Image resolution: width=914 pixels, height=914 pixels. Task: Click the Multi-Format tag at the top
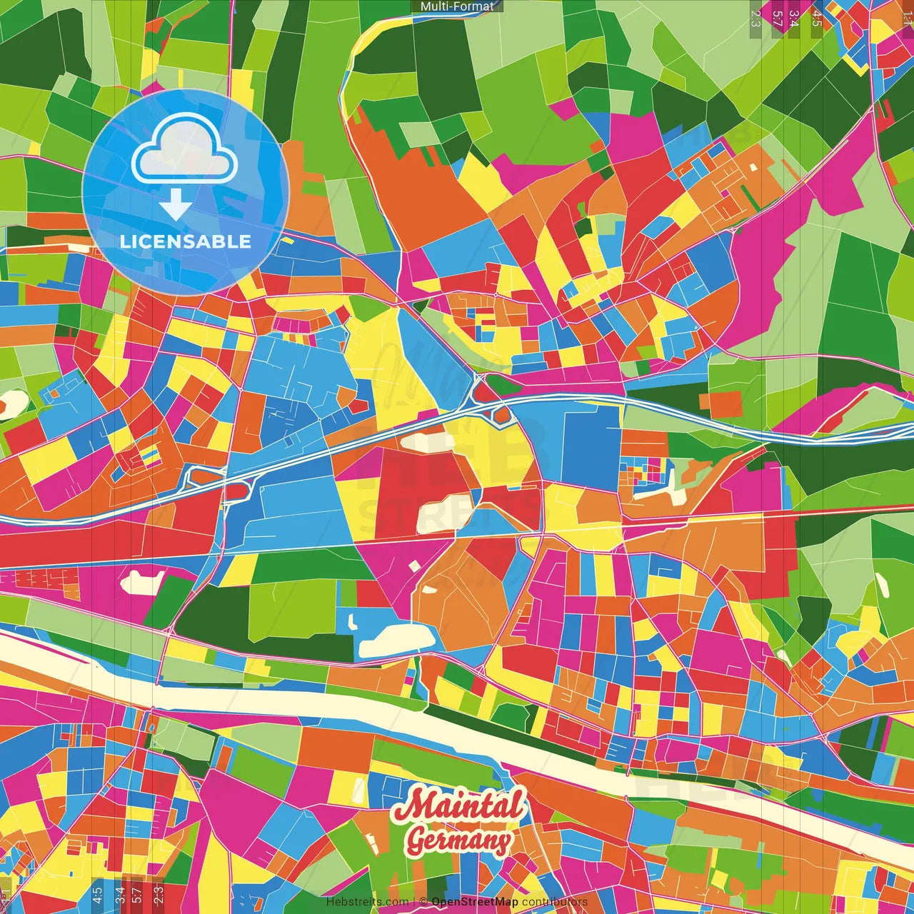click(x=457, y=6)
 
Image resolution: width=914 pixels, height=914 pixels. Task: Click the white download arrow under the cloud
click(x=176, y=206)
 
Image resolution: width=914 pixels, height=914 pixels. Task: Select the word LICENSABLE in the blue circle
click(x=186, y=241)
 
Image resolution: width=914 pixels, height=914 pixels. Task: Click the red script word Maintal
click(x=461, y=806)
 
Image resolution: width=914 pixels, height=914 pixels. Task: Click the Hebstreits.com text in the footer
click(x=367, y=902)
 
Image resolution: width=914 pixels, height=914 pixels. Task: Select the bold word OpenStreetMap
click(x=475, y=902)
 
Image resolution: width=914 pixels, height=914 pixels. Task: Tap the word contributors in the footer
click(x=554, y=902)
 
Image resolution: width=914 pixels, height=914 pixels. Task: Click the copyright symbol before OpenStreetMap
click(x=423, y=902)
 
